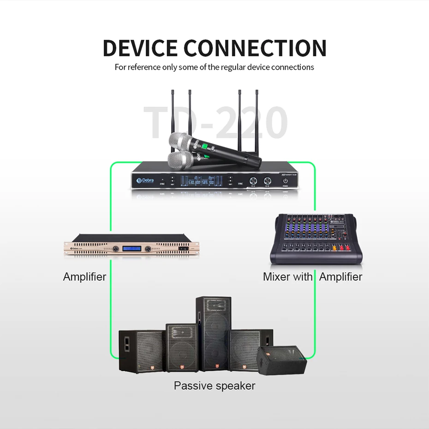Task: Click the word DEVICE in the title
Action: coord(140,48)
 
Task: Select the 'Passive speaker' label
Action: coord(214,386)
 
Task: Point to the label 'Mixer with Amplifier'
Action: coord(312,277)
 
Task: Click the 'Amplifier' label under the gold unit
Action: coord(84,277)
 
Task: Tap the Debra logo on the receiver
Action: coord(145,181)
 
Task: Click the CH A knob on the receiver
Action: coord(253,181)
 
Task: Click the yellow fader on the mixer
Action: coord(334,248)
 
